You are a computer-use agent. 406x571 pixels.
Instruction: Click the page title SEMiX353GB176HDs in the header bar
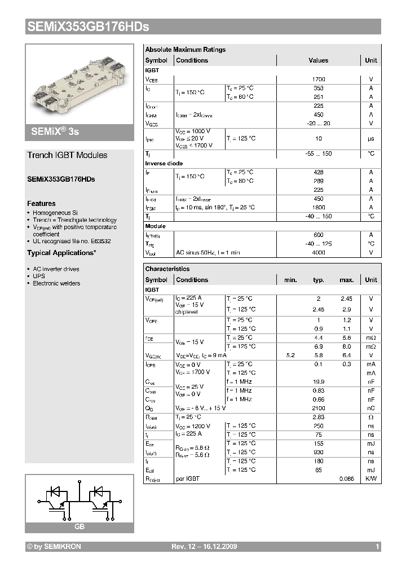[x=88, y=27]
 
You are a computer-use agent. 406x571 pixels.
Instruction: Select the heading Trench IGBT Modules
[x=67, y=155]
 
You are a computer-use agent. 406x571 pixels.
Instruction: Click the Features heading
[x=41, y=204]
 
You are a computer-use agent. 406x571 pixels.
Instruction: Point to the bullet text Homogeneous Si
[x=54, y=213]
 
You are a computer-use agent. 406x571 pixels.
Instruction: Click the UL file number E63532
[x=99, y=241]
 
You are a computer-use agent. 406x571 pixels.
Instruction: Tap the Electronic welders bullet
[x=56, y=284]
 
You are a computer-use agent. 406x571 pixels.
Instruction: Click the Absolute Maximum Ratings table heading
[x=186, y=50]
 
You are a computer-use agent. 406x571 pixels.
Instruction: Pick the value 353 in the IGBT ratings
[x=318, y=89]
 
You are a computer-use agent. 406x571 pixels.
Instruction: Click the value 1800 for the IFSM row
[x=318, y=208]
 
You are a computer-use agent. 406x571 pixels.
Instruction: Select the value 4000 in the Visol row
[x=318, y=253]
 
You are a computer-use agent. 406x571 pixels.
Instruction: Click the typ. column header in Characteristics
[x=319, y=280]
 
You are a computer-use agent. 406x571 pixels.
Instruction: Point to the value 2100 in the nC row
[x=319, y=408]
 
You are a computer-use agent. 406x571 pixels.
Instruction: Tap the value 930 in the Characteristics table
[x=319, y=453]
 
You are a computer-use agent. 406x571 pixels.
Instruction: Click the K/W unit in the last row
[x=370, y=478]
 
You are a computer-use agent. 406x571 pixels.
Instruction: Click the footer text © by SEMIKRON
[x=54, y=547]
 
